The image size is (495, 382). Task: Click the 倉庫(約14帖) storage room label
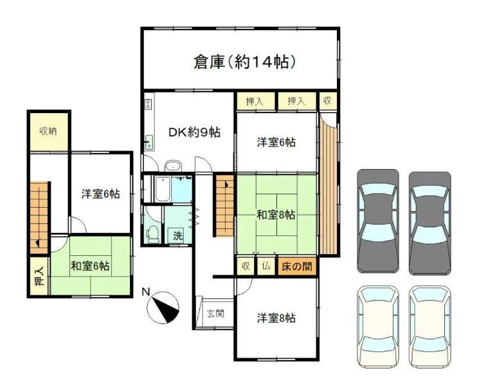click(x=245, y=62)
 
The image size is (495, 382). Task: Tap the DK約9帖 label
click(x=194, y=132)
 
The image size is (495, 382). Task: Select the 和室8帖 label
click(x=276, y=215)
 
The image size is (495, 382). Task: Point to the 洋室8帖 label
click(x=276, y=318)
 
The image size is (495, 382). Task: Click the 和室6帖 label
click(x=90, y=266)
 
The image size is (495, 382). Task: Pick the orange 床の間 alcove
click(x=297, y=266)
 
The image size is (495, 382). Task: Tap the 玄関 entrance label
click(x=215, y=313)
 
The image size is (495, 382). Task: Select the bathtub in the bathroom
click(x=163, y=190)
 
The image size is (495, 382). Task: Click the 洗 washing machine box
click(x=177, y=235)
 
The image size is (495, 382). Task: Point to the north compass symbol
click(x=163, y=308)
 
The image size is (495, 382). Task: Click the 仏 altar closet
click(x=266, y=266)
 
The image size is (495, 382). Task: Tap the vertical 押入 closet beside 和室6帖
click(x=39, y=277)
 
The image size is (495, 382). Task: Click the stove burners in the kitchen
click(x=148, y=104)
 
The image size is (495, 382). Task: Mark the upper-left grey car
click(x=378, y=221)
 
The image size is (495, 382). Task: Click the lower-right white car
click(x=429, y=327)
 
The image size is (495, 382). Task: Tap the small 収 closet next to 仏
click(x=246, y=266)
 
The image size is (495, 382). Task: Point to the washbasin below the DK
click(x=173, y=166)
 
